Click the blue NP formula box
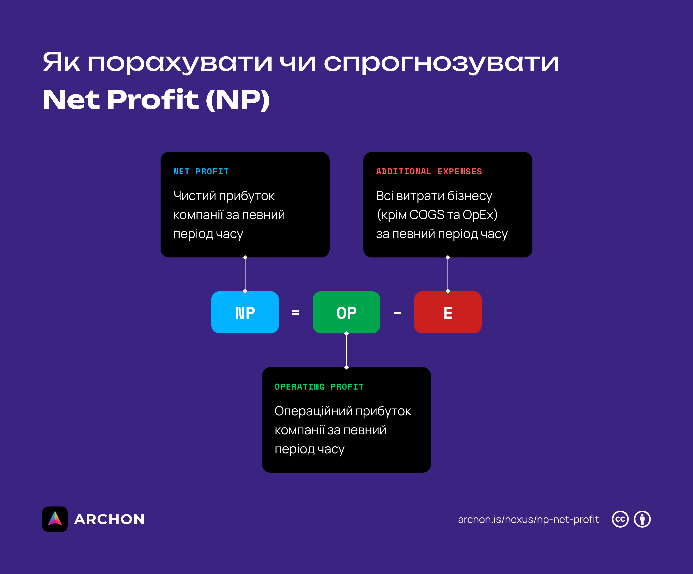tap(245, 312)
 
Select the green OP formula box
tap(346, 312)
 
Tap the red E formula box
tap(447, 312)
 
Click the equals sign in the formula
tap(296, 313)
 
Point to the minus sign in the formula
tap(397, 313)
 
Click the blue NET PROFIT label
tap(201, 171)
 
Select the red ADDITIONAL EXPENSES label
tap(429, 171)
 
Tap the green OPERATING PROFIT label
tap(319, 387)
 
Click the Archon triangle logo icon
tap(55, 519)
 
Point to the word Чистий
tap(194, 196)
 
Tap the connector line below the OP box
tap(346, 350)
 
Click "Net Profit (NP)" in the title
tap(156, 100)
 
